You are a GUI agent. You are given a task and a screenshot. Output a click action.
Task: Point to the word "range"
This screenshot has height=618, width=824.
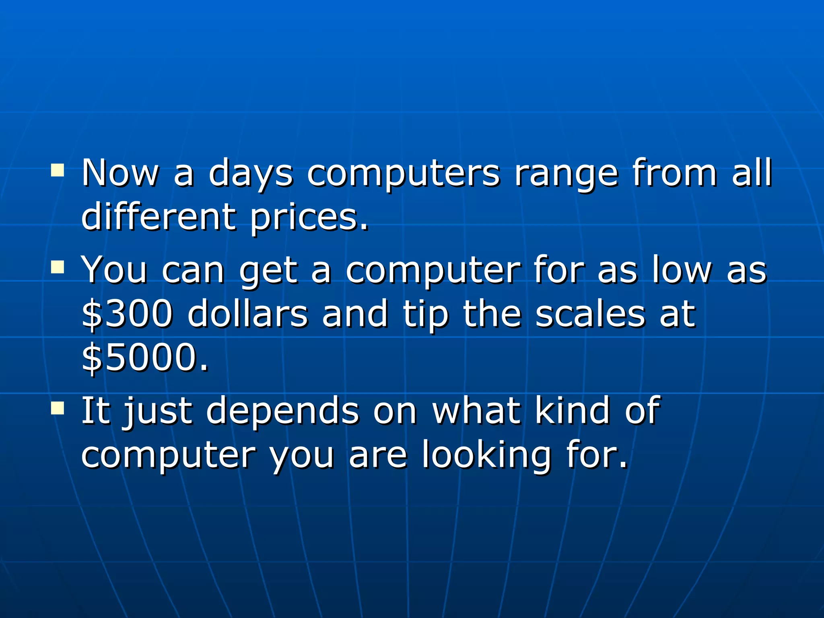(x=566, y=174)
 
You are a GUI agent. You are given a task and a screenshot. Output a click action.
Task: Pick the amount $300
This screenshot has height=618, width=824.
(x=127, y=314)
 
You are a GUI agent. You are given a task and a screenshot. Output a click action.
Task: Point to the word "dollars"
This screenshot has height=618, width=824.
(x=247, y=314)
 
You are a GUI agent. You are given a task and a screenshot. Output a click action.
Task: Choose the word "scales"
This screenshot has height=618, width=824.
(x=590, y=314)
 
